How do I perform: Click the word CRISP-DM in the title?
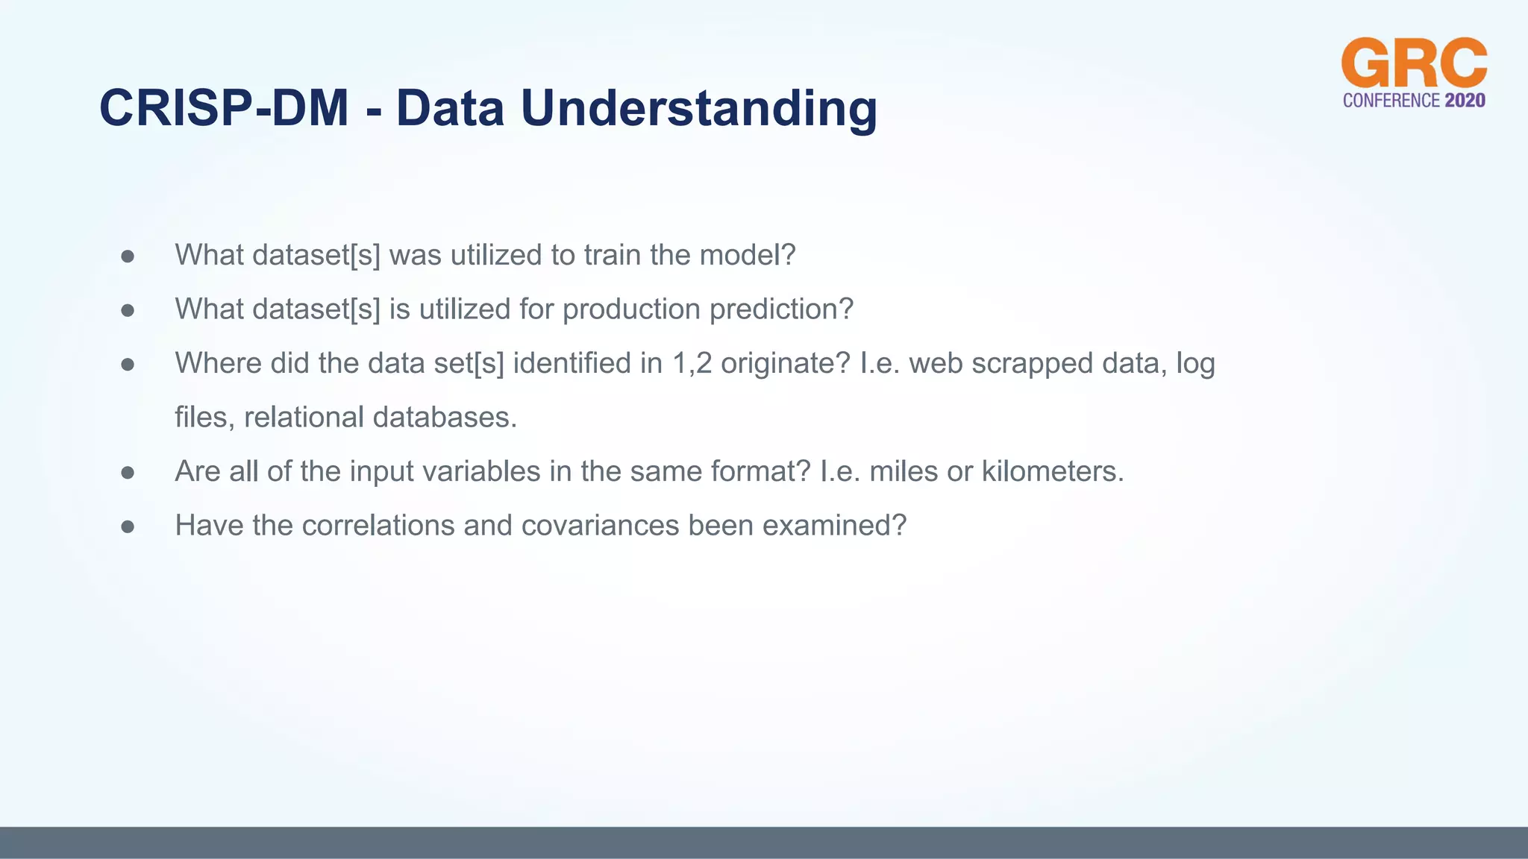pyautogui.click(x=224, y=109)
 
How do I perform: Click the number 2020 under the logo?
pyautogui.click(x=1465, y=101)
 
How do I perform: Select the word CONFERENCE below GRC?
pyautogui.click(x=1391, y=101)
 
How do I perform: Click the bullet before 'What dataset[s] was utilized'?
pyautogui.click(x=128, y=257)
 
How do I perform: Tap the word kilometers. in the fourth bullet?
pyautogui.click(x=1052, y=472)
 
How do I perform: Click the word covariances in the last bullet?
pyautogui.click(x=601, y=526)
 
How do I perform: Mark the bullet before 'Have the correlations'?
pyautogui.click(x=128, y=527)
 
